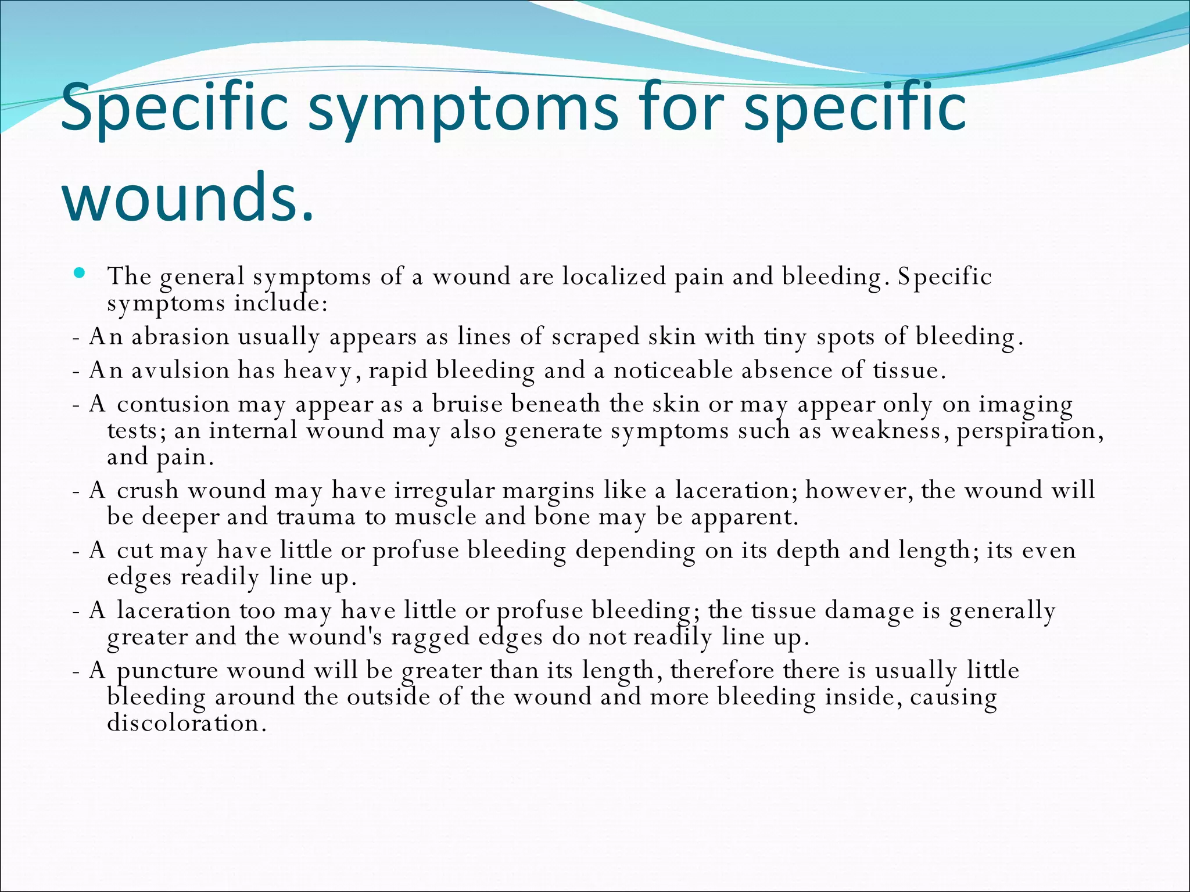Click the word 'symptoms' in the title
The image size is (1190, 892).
(463, 110)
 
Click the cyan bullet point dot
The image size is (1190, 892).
(80, 272)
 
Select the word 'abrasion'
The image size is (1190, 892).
(180, 337)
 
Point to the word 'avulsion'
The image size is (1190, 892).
(180, 371)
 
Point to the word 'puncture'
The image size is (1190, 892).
(167, 671)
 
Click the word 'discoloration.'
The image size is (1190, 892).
(187, 724)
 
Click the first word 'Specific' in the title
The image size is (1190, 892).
(174, 110)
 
